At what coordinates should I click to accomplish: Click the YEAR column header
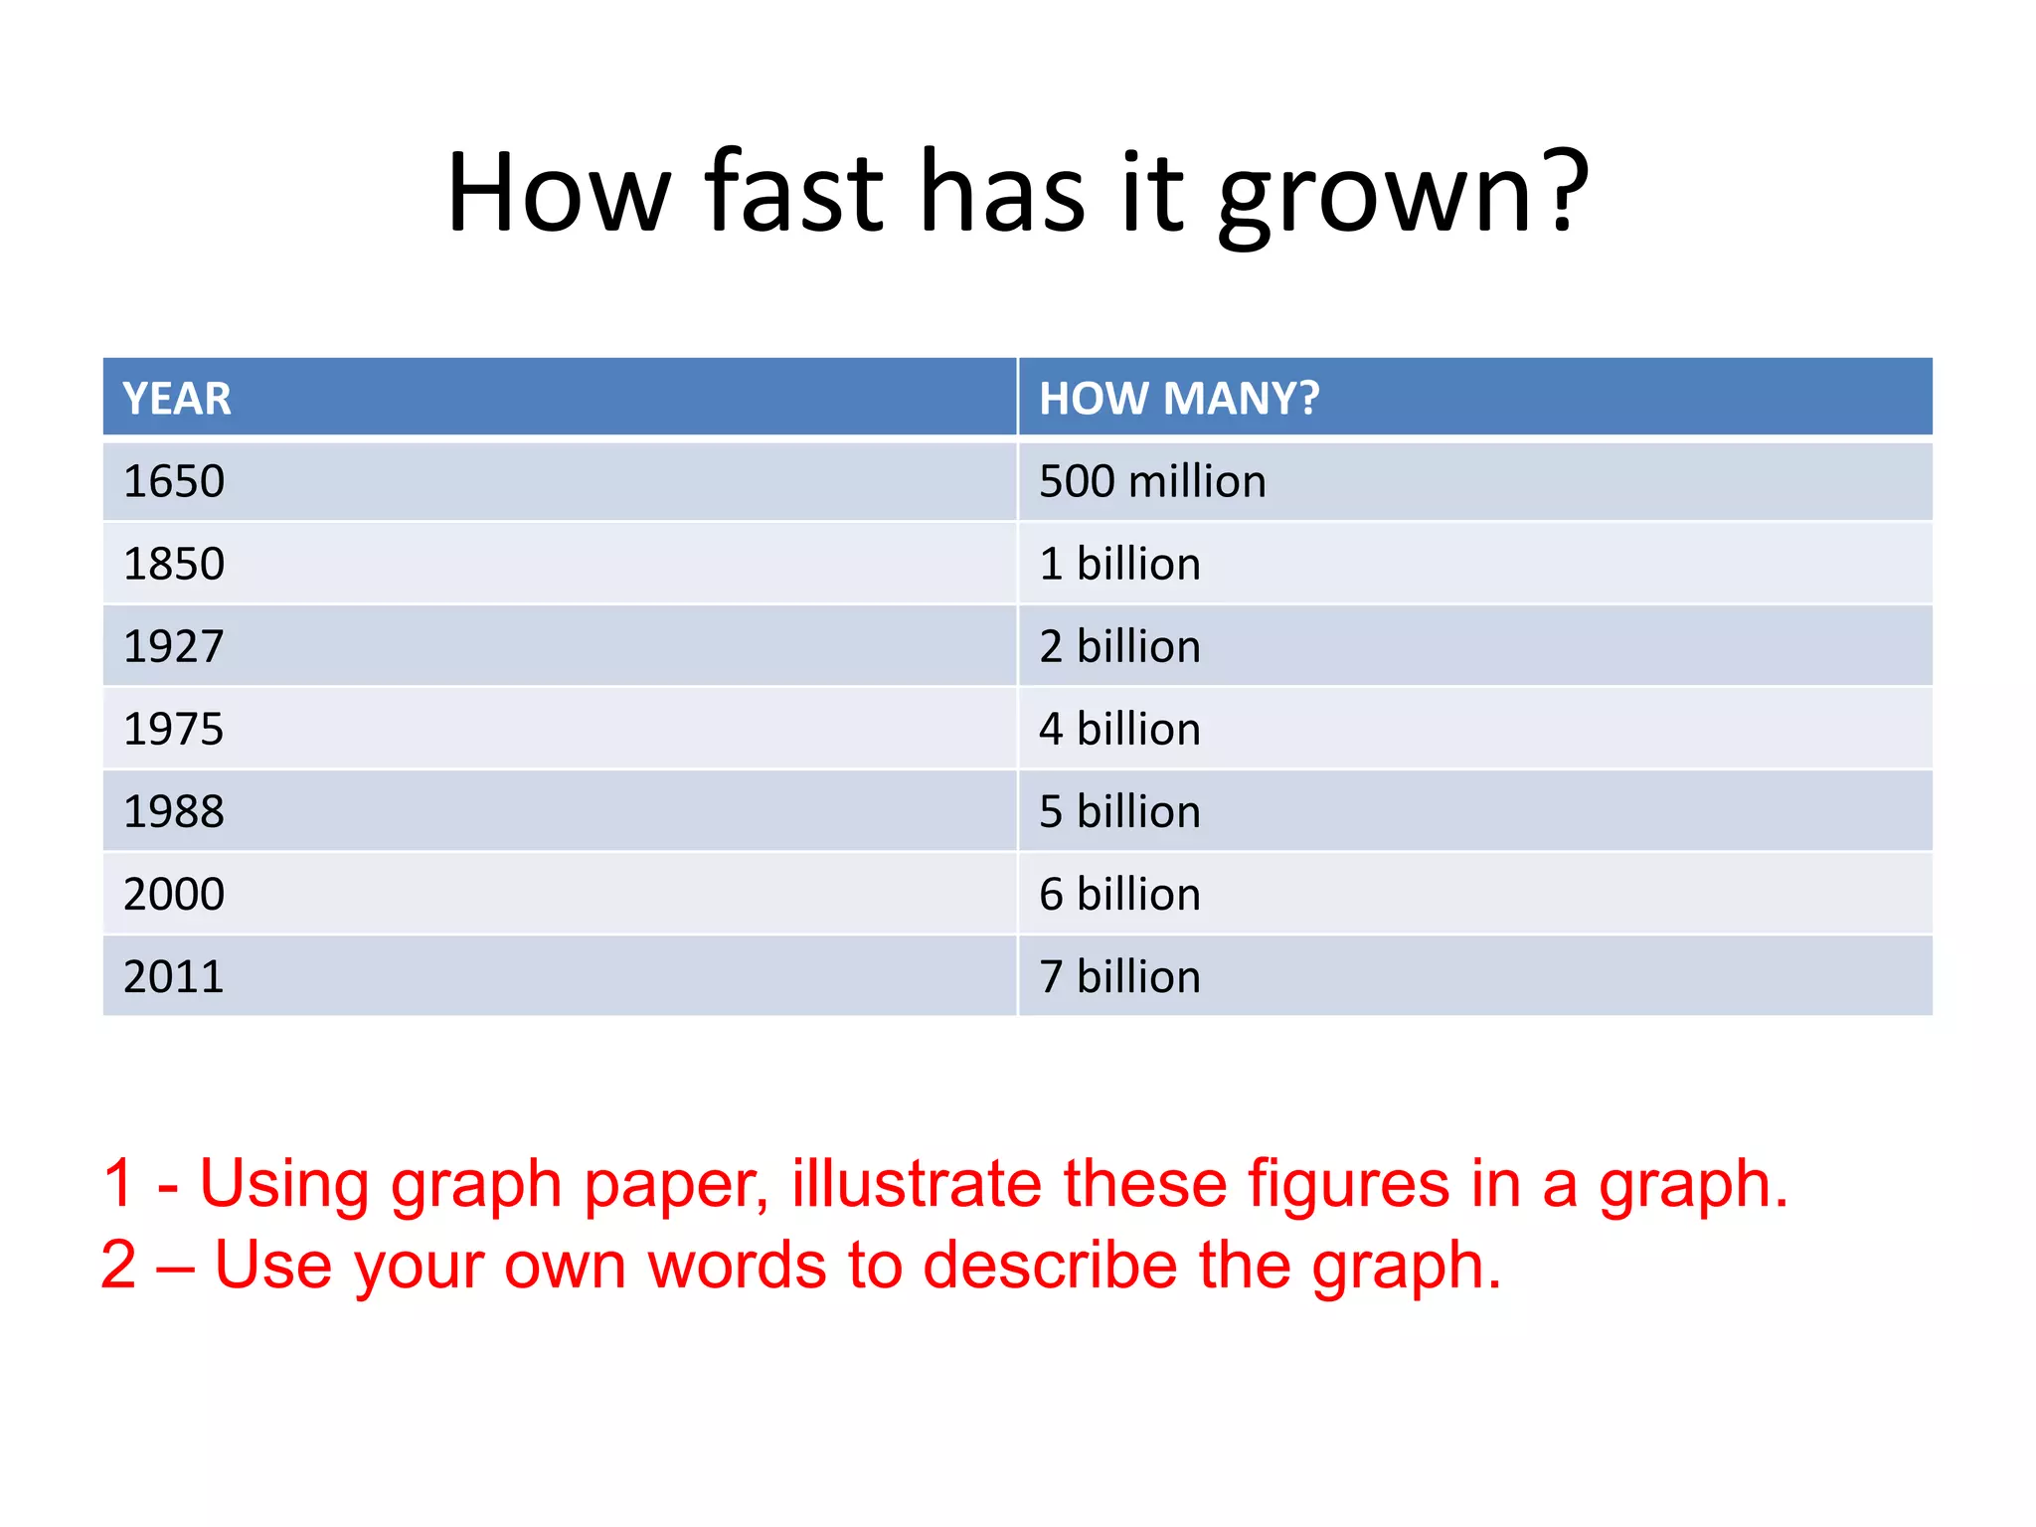[177, 399]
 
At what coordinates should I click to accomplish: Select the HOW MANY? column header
[1179, 399]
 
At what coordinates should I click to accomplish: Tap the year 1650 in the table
[174, 482]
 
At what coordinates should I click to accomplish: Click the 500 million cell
[1152, 482]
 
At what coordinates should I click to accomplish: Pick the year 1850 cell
[174, 565]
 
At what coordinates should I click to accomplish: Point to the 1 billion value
[1119, 565]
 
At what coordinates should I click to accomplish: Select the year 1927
[174, 647]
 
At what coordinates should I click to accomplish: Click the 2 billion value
[1119, 647]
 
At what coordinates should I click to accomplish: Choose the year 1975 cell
[174, 730]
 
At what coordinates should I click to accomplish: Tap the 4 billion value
[1119, 730]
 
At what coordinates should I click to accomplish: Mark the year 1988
[174, 812]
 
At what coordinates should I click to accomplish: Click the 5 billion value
[1119, 812]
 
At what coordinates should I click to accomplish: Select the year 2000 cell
[174, 895]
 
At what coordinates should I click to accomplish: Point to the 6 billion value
[1119, 895]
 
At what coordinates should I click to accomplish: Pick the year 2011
[174, 977]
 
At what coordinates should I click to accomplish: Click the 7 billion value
[1119, 977]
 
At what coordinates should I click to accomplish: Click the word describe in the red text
[1049, 1265]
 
